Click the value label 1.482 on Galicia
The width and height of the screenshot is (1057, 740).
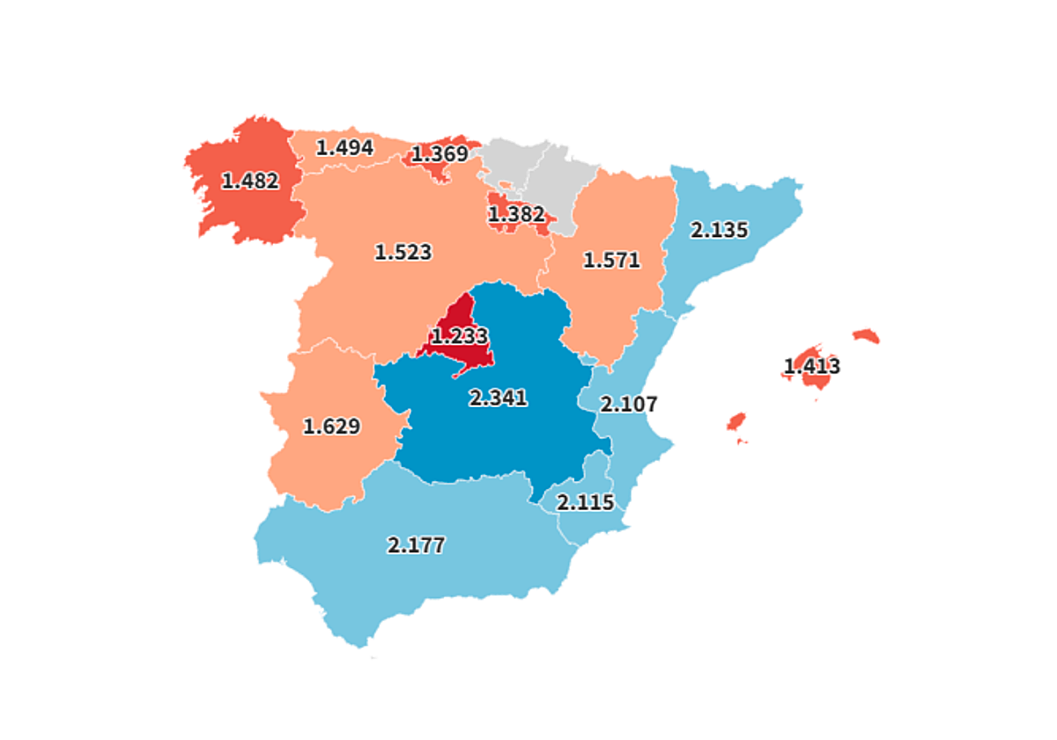(250, 181)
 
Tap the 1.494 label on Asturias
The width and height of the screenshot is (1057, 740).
(344, 147)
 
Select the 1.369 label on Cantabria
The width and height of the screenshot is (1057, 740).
(440, 154)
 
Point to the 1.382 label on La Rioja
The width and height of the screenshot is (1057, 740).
(516, 214)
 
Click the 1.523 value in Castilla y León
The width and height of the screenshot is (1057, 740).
(403, 252)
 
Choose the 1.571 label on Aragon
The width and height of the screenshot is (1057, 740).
(611, 260)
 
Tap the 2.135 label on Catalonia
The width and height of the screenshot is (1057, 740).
(719, 230)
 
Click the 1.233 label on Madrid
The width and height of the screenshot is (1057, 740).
(459, 336)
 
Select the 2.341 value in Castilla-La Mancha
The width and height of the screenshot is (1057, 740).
(499, 398)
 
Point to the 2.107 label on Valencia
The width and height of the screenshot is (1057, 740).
(628, 404)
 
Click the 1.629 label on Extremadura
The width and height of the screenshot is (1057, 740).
(331, 426)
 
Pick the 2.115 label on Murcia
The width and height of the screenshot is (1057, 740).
(585, 503)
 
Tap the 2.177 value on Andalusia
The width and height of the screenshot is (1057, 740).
(416, 544)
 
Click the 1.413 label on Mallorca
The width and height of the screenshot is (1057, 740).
(812, 366)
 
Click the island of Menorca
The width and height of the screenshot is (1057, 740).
(866, 336)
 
